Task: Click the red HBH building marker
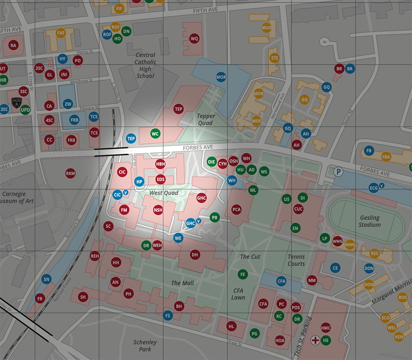point(160,164)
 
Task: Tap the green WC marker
point(155,133)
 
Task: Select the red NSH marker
point(158,210)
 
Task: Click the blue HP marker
point(140,181)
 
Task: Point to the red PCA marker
point(236,209)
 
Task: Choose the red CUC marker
point(298,209)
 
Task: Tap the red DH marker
point(195,255)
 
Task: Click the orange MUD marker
point(267,28)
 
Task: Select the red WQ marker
point(194,39)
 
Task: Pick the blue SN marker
point(47,280)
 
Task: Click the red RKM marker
point(70,173)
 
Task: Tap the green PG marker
point(255,333)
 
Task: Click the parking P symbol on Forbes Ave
point(338,171)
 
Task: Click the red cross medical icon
point(316,340)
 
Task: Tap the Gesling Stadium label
point(370,221)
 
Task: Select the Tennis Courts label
point(296,260)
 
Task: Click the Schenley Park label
point(145,346)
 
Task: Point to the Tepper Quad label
point(205,119)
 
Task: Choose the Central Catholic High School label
point(145,65)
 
